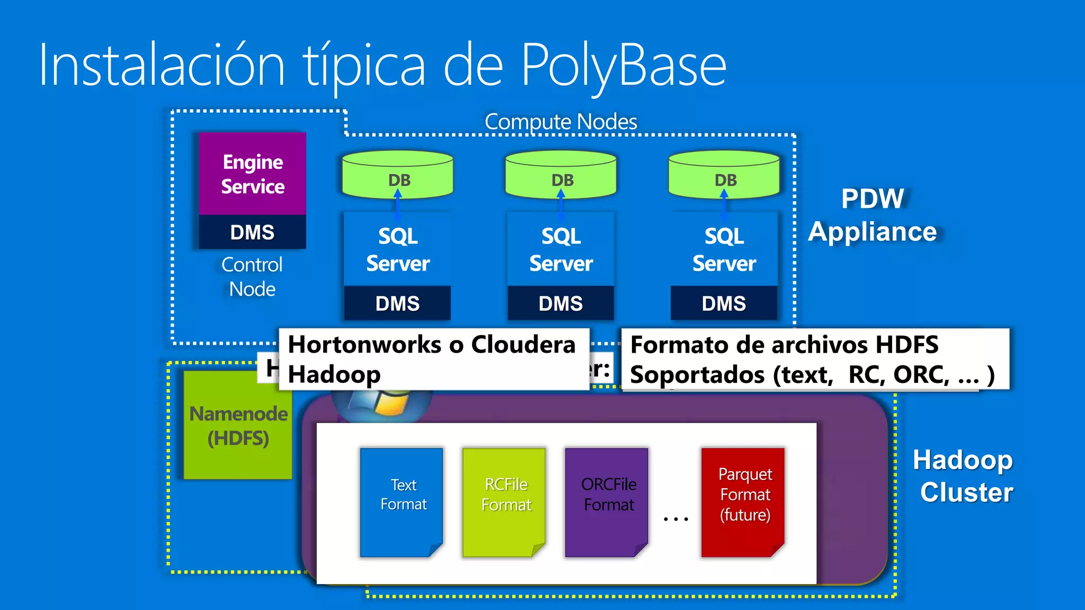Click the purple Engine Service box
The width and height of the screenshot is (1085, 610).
(252, 174)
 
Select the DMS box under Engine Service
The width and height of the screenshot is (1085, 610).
(252, 232)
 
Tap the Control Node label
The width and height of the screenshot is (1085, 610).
(252, 276)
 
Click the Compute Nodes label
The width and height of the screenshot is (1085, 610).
(561, 122)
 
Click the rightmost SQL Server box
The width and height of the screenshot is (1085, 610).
(724, 249)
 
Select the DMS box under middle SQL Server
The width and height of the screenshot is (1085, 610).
(561, 303)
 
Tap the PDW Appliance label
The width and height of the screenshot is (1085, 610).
(873, 215)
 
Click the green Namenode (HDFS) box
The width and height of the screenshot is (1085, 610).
(238, 426)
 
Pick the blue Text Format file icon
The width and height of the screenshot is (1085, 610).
(402, 502)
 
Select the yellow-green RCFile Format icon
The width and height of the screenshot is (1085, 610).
(504, 502)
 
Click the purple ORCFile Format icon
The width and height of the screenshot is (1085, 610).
(607, 502)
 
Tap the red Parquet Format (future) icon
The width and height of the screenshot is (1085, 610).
(743, 502)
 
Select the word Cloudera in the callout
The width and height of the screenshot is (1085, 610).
(523, 345)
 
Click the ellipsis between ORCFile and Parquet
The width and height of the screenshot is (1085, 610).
(676, 519)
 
